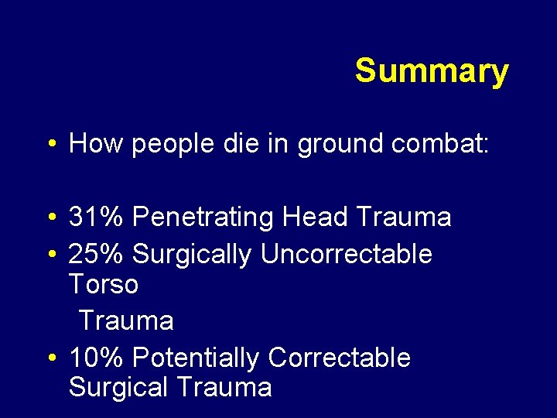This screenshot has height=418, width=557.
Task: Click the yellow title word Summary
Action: [x=432, y=71]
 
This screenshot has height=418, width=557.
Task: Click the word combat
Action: [x=448, y=143]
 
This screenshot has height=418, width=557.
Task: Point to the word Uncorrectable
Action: [x=347, y=253]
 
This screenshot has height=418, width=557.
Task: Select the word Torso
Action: [x=104, y=284]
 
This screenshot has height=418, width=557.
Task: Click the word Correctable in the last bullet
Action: [x=339, y=358]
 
